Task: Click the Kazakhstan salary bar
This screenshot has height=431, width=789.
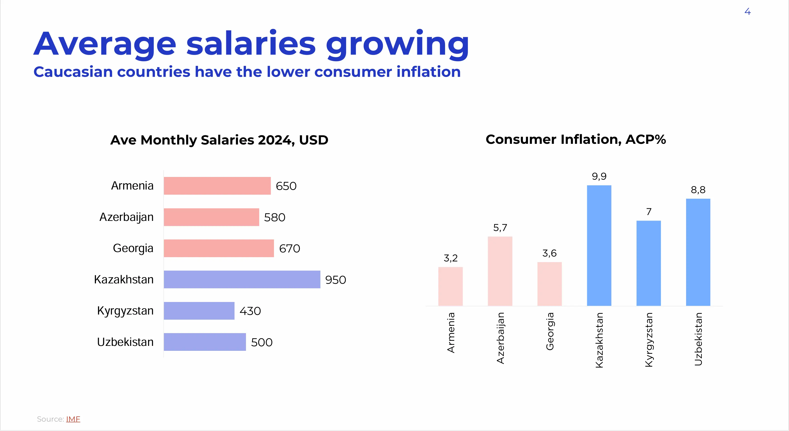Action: pyautogui.click(x=242, y=280)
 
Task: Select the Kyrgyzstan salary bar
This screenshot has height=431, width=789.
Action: pyautogui.click(x=199, y=311)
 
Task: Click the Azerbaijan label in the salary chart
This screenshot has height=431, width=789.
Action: pyautogui.click(x=126, y=217)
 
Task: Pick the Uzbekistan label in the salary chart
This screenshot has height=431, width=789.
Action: pyautogui.click(x=125, y=342)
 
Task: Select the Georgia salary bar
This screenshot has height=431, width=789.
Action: pyautogui.click(x=219, y=248)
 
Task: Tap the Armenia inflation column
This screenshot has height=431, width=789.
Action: pyautogui.click(x=450, y=286)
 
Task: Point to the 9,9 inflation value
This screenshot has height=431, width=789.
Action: pyautogui.click(x=599, y=176)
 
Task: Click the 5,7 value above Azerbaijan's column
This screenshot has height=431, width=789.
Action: pyautogui.click(x=500, y=228)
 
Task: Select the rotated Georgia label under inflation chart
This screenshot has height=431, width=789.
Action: pyautogui.click(x=550, y=331)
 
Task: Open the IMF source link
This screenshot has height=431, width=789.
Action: pyautogui.click(x=73, y=419)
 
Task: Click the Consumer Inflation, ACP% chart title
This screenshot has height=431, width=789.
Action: pyautogui.click(x=576, y=140)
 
